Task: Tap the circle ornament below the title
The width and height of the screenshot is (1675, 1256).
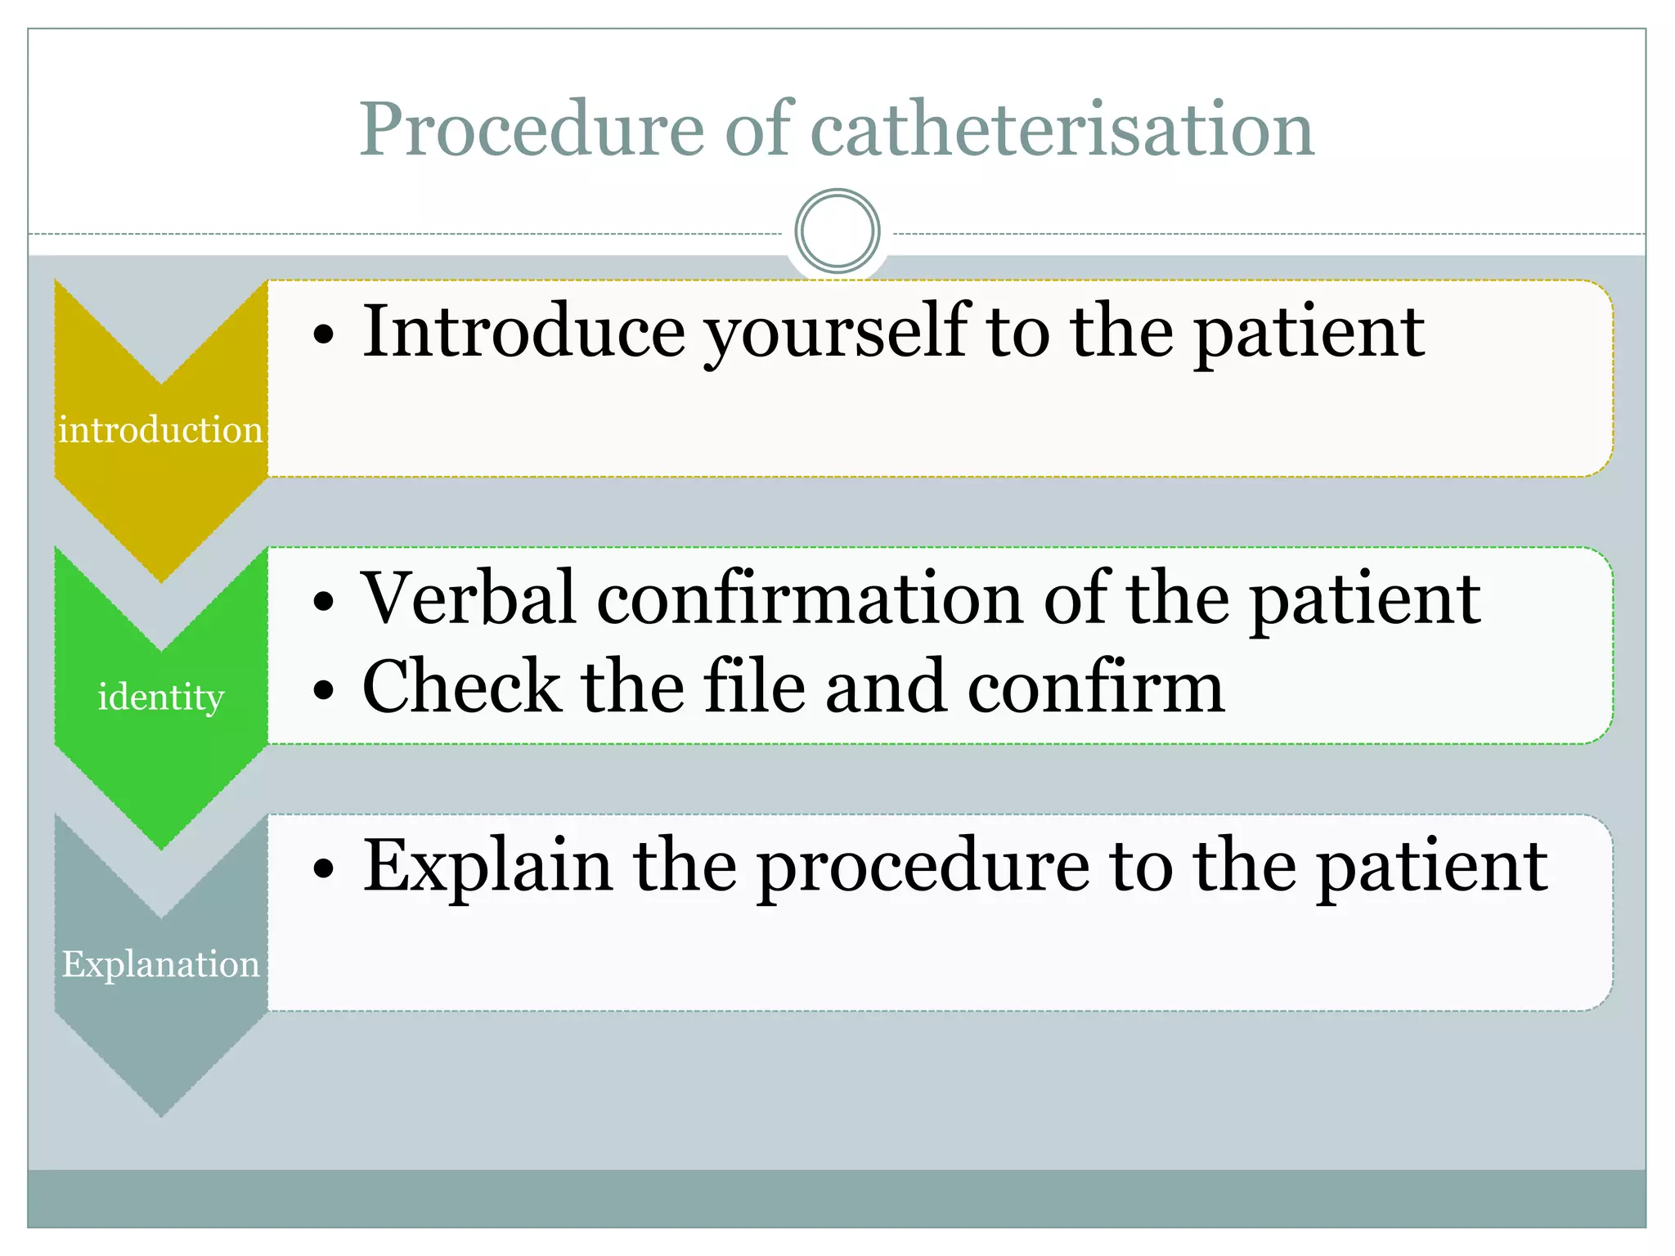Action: click(837, 231)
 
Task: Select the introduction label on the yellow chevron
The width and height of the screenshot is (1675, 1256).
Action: click(160, 429)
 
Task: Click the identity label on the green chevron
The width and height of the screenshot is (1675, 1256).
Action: click(160, 697)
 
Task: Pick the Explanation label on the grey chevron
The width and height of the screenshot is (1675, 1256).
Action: click(160, 964)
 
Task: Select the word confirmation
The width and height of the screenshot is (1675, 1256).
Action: click(811, 599)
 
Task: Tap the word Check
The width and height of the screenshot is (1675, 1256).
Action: click(461, 686)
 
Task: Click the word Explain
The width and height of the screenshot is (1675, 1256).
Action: click(487, 867)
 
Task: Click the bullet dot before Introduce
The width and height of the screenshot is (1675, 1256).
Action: click(324, 335)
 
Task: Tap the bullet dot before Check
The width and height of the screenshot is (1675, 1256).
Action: click(324, 690)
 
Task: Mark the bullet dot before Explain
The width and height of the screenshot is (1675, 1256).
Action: click(324, 870)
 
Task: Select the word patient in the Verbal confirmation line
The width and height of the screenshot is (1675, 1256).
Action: click(1365, 600)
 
